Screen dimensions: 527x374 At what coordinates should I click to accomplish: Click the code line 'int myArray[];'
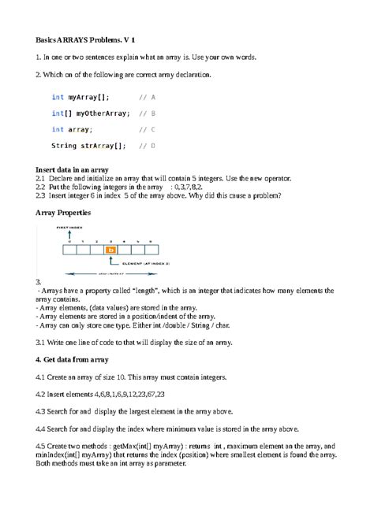tap(80, 97)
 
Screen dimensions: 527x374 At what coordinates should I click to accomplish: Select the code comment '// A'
tap(147, 97)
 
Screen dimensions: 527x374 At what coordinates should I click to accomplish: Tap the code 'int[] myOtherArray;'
tap(91, 113)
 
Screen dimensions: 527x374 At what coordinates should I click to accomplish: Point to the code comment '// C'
tap(147, 129)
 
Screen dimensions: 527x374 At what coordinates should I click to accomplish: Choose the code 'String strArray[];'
tap(89, 146)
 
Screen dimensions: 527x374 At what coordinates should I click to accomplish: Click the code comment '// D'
tap(147, 146)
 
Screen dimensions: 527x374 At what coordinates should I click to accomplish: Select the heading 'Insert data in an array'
tap(73, 169)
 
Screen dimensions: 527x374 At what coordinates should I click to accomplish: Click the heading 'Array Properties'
tap(63, 213)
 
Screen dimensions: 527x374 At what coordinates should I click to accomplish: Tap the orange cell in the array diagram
tap(111, 251)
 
